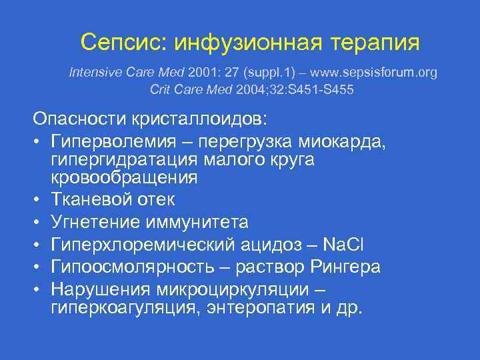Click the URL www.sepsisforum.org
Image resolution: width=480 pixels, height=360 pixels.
[369, 72]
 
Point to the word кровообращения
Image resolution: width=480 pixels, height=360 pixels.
[125, 177]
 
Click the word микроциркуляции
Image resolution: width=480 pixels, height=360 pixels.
[231, 290]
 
